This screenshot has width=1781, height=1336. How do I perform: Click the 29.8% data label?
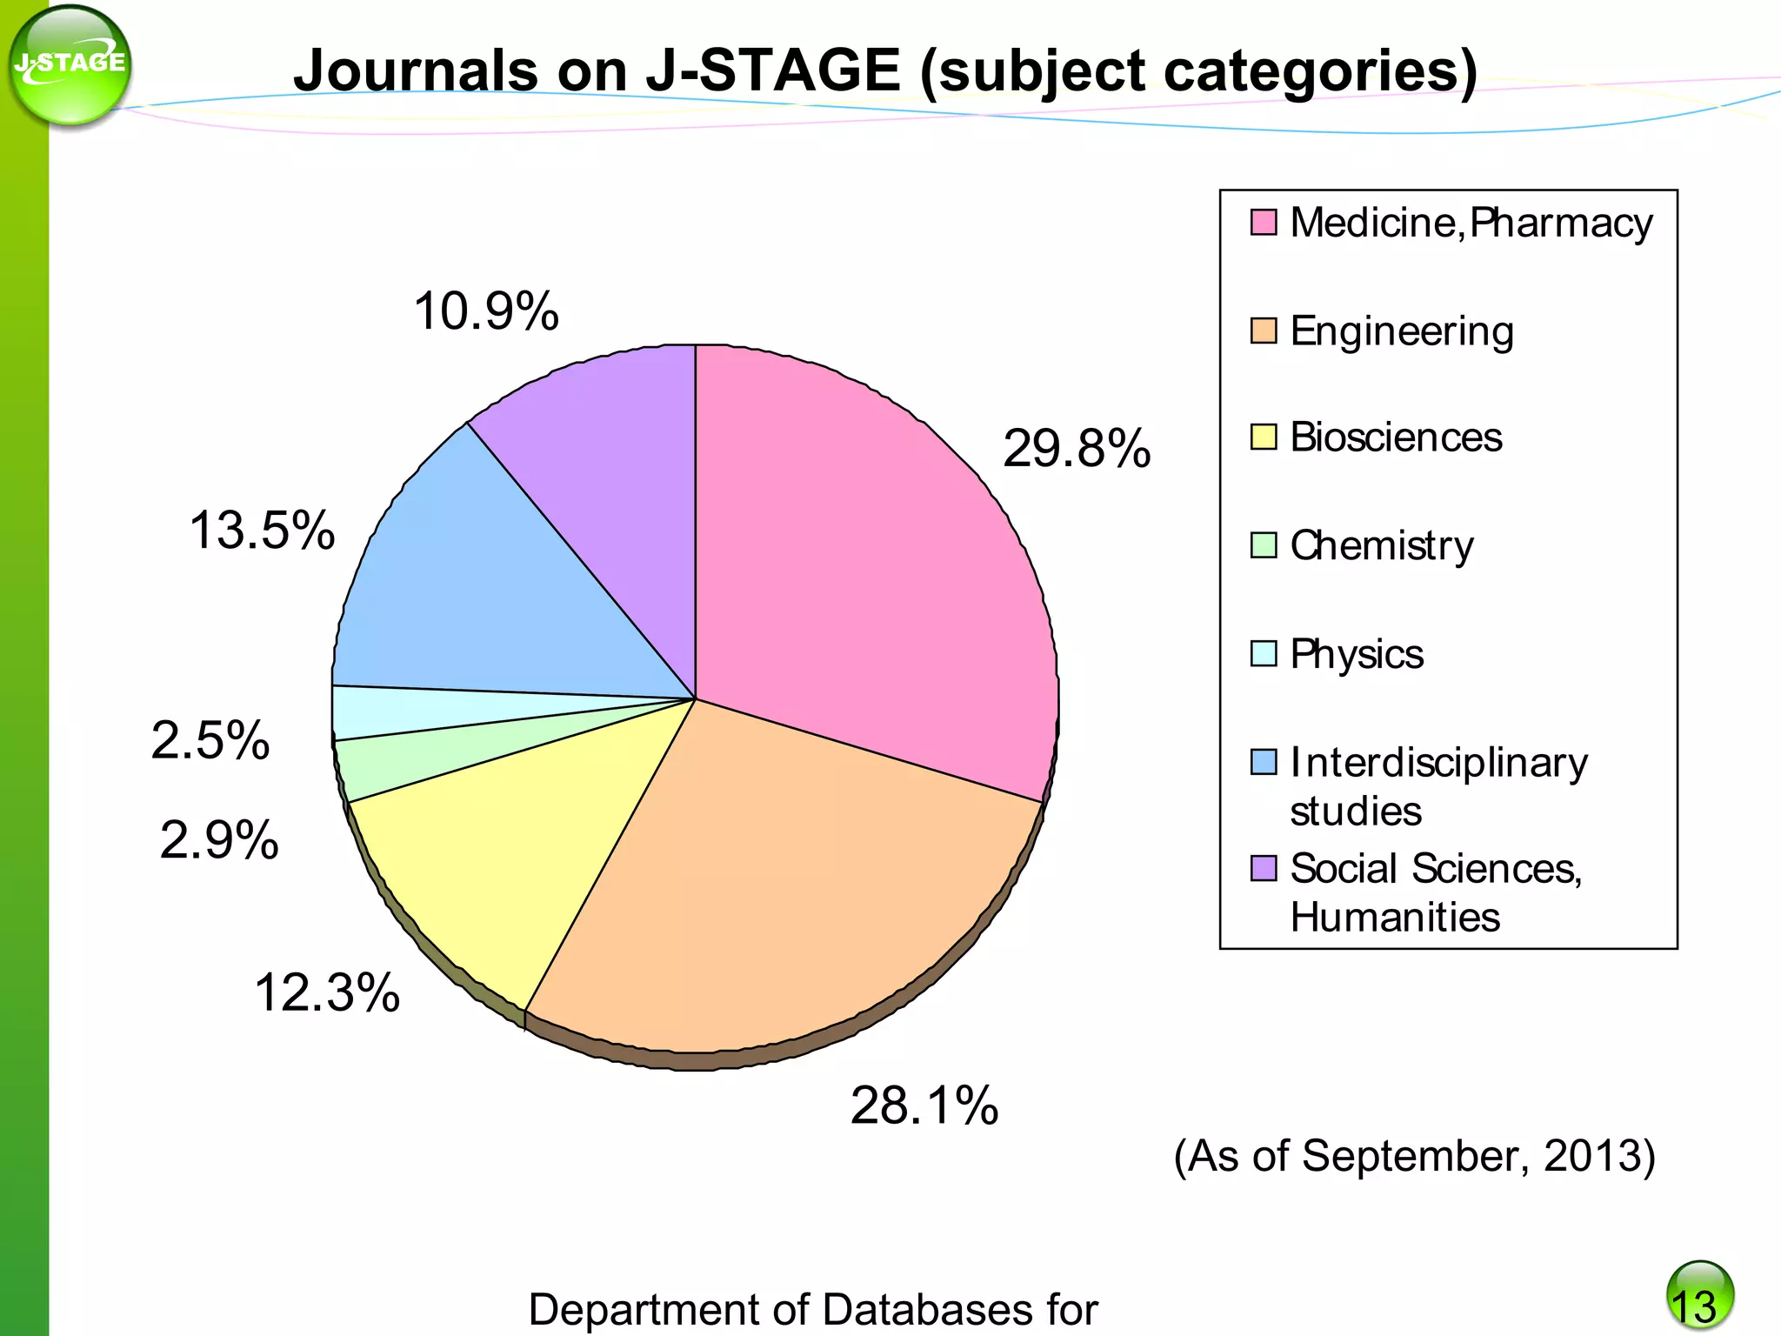click(x=1076, y=450)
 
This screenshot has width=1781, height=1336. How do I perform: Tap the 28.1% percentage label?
click(x=924, y=1106)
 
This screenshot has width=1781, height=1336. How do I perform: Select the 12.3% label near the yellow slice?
click(x=326, y=993)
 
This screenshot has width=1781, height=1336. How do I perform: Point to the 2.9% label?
click(x=219, y=841)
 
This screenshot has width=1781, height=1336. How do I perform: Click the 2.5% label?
click(x=210, y=741)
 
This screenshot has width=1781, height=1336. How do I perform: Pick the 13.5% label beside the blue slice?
click(x=262, y=531)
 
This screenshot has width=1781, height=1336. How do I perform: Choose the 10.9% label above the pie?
click(x=485, y=311)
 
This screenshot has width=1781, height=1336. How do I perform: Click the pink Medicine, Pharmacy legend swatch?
click(x=1264, y=223)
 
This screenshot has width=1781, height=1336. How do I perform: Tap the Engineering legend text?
click(x=1401, y=331)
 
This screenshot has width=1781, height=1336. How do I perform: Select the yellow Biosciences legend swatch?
click(x=1264, y=437)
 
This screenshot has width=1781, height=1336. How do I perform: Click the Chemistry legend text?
click(x=1381, y=546)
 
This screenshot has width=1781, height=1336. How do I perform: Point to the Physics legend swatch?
click(x=1264, y=653)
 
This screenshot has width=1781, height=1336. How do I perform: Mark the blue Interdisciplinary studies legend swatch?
click(x=1264, y=762)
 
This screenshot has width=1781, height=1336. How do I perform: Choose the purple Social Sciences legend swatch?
click(x=1264, y=868)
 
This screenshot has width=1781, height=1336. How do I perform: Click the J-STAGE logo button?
click(x=70, y=65)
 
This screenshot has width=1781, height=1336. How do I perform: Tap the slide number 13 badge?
click(x=1699, y=1297)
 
